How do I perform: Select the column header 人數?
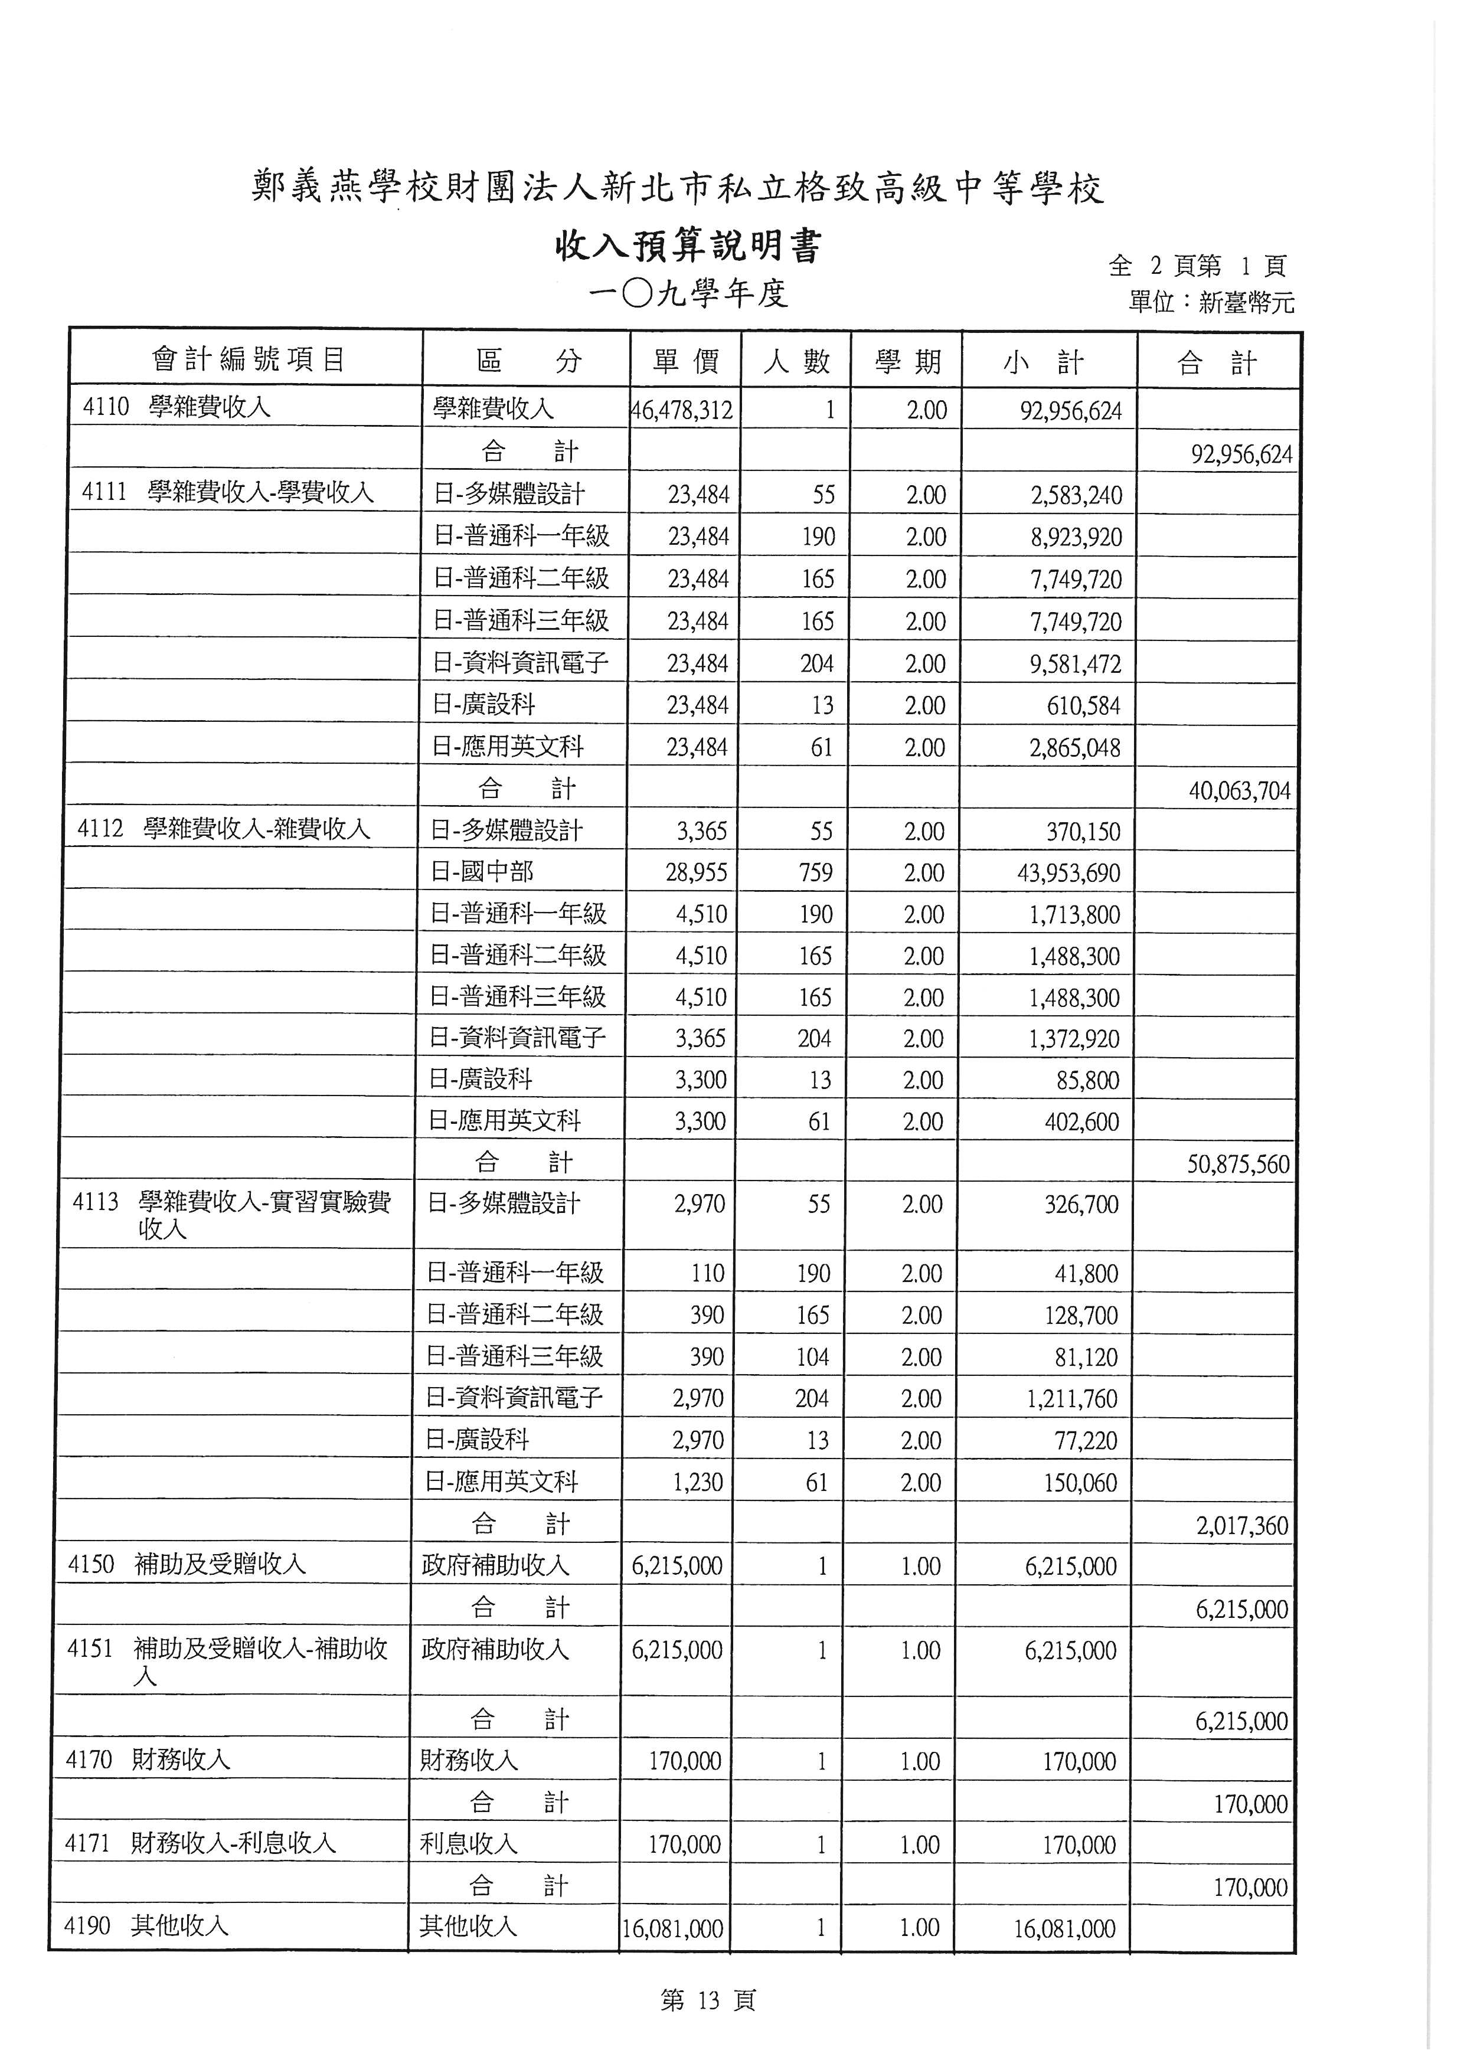(796, 362)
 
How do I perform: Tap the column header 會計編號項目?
(248, 359)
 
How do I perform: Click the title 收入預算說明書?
(688, 246)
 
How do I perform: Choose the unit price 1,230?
(698, 1482)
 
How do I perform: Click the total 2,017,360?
(1241, 1525)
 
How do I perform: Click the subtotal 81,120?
(1086, 1357)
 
